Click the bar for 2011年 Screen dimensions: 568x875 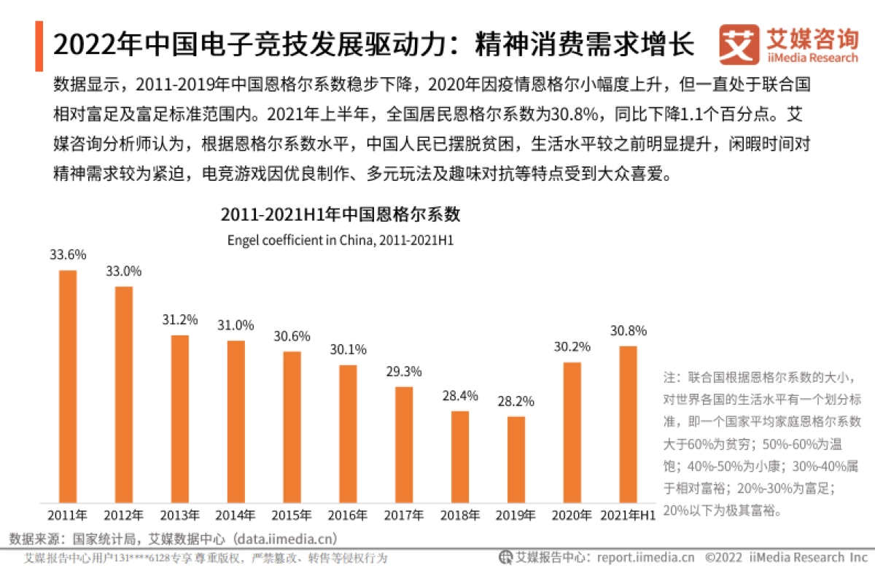[68, 386]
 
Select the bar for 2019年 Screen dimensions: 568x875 [516, 459]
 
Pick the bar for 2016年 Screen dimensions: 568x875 [349, 434]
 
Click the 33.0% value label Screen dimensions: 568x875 [124, 271]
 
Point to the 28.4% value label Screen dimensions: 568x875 [460, 396]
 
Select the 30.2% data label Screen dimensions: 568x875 [572, 347]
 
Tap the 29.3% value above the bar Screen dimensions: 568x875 [404, 371]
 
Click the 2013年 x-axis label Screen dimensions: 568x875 [180, 516]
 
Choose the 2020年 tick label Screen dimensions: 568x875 [572, 516]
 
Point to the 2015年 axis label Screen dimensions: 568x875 [292, 516]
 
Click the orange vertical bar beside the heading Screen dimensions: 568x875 [39, 46]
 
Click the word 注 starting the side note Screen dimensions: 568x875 [669, 378]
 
